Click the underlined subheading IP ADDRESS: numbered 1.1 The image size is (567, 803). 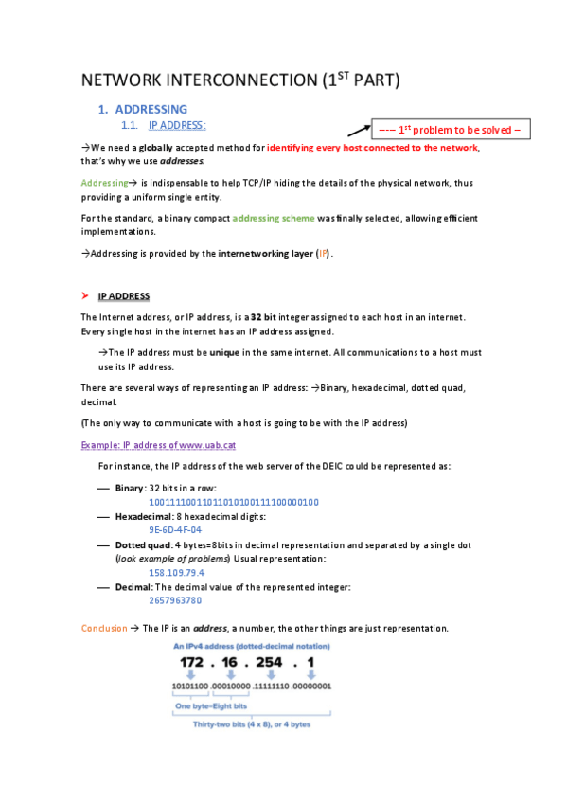pos(177,124)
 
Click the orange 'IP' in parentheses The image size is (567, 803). pos(323,254)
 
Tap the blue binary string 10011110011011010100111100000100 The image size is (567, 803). pos(234,502)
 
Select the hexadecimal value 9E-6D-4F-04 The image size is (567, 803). pos(175,530)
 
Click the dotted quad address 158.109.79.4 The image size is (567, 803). pos(177,573)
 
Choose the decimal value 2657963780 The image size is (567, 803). pos(175,600)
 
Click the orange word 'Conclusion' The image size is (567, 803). pos(103,628)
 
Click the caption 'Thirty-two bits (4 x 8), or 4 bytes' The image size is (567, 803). pos(252,724)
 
